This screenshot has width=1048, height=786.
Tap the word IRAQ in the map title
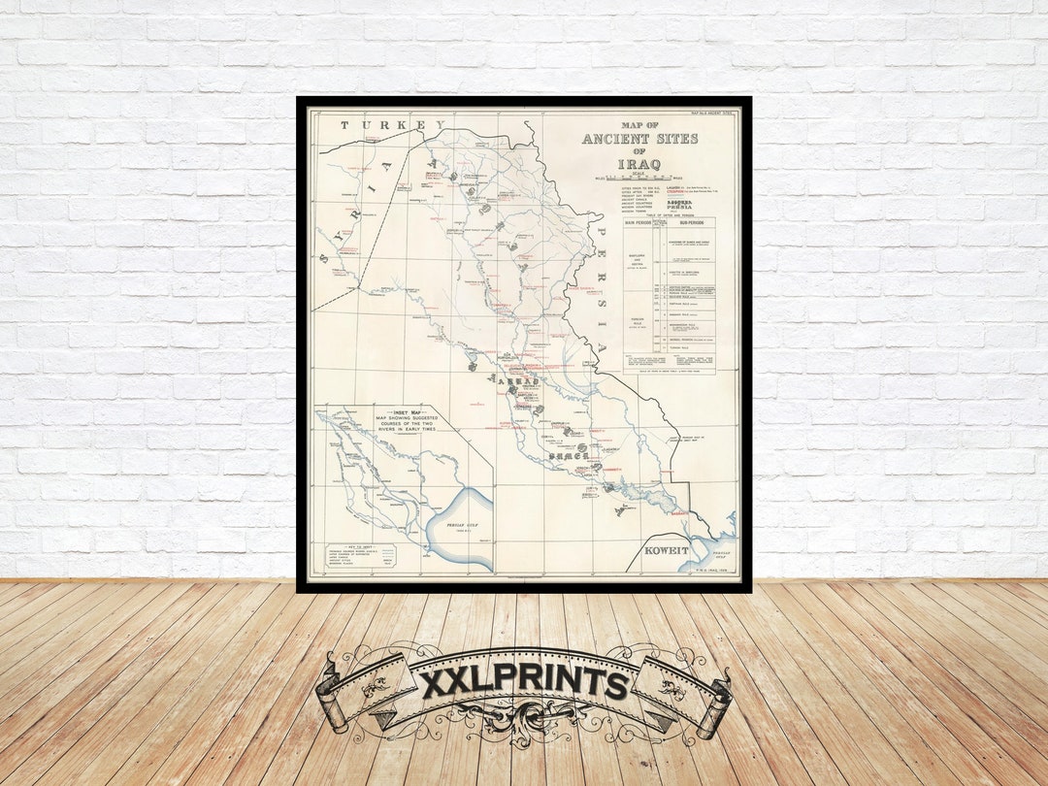point(639,164)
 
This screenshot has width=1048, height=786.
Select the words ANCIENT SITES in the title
point(639,139)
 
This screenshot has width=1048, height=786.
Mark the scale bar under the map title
point(639,179)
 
